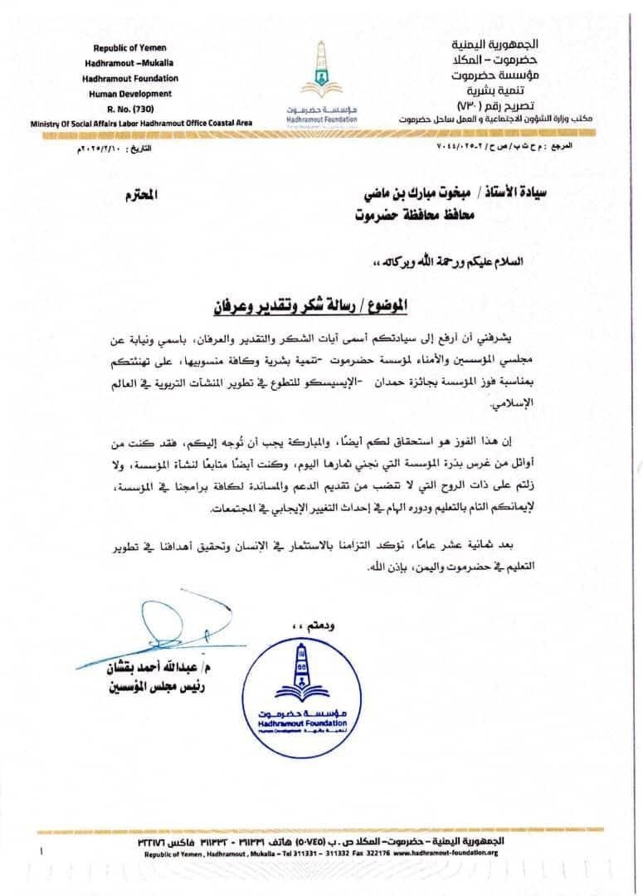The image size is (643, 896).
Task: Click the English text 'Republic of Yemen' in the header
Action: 127,48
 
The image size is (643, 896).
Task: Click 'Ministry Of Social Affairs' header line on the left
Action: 141,123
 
